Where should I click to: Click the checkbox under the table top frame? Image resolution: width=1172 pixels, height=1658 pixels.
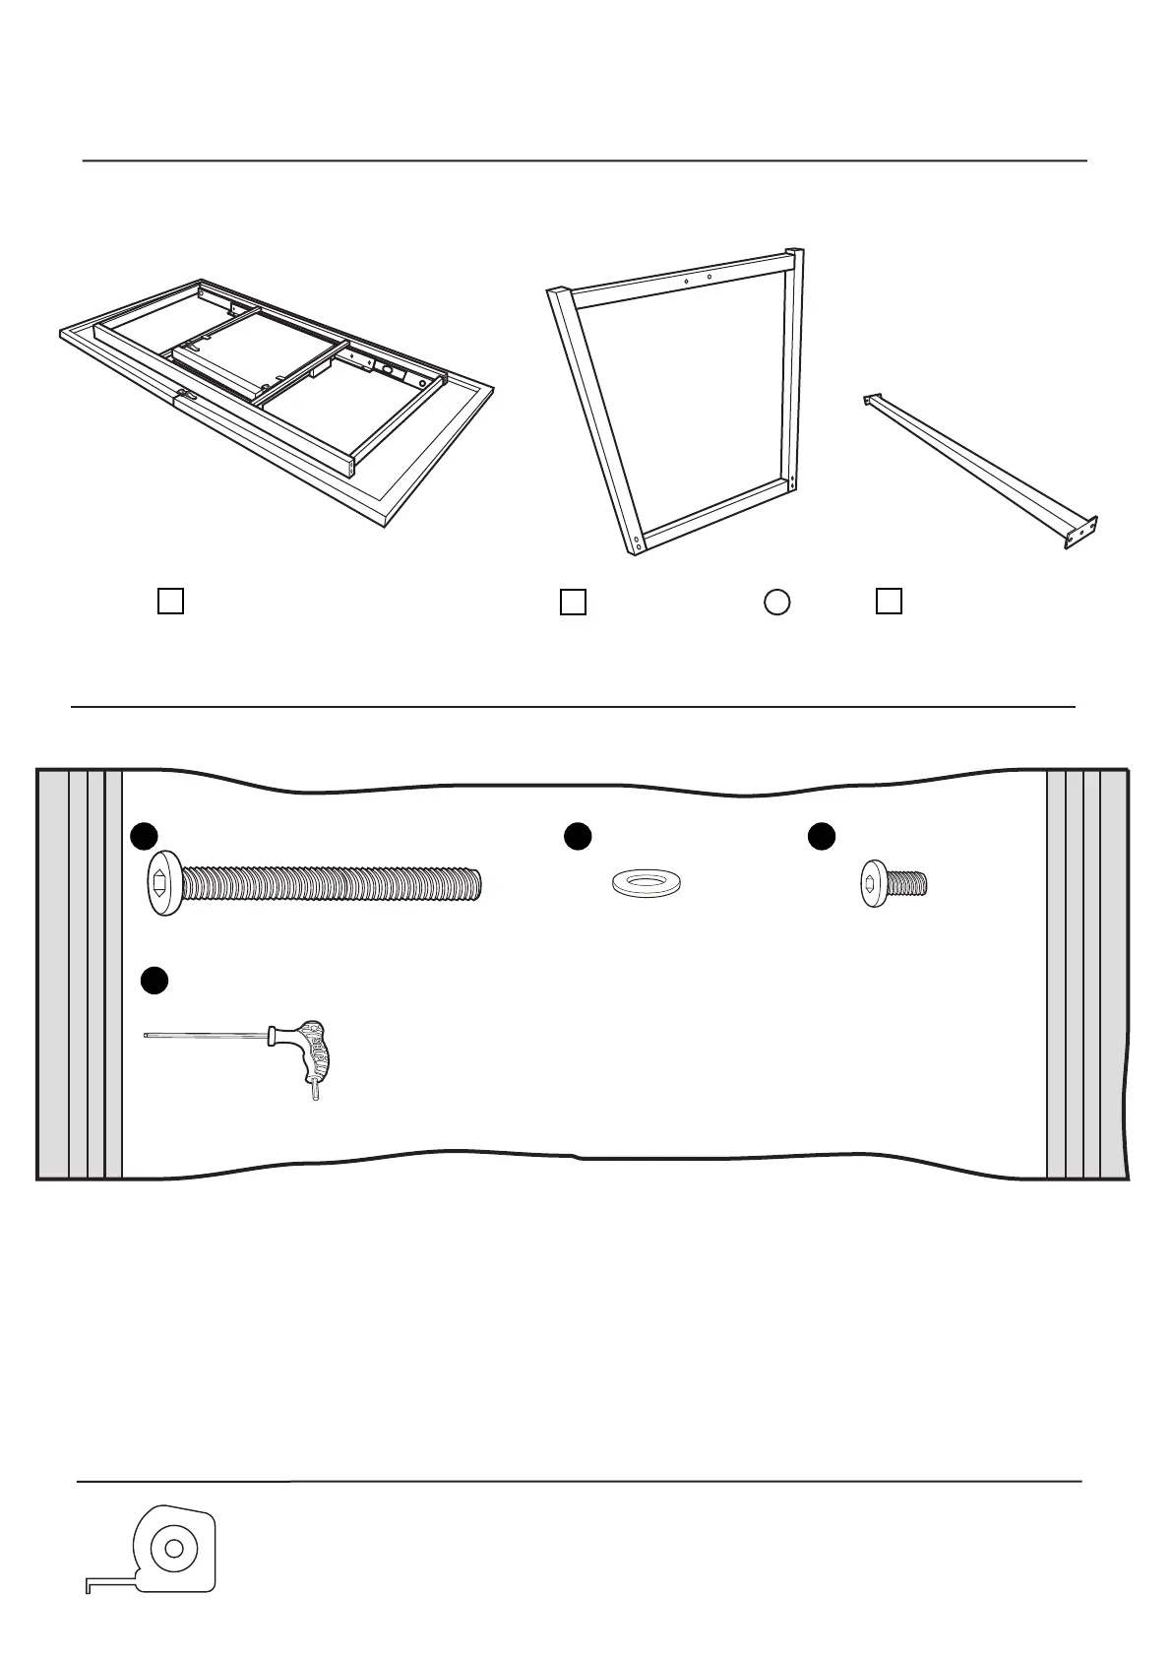point(170,601)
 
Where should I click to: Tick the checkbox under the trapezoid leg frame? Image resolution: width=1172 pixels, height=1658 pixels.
point(573,602)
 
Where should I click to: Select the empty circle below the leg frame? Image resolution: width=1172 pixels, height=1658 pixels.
point(777,602)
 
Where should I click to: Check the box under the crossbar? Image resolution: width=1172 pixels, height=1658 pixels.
point(889,601)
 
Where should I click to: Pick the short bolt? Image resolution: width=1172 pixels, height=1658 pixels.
point(894,883)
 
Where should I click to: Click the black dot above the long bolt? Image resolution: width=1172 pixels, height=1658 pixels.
point(145,835)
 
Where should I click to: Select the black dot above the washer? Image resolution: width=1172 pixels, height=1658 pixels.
point(578,835)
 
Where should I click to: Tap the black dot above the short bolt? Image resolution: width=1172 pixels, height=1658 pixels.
point(822,836)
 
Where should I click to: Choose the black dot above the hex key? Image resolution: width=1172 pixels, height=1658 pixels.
point(154,981)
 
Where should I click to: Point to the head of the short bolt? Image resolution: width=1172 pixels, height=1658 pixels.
point(873,883)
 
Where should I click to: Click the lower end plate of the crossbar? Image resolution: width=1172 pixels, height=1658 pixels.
point(1081,533)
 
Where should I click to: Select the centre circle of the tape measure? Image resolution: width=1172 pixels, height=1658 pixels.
point(174,1548)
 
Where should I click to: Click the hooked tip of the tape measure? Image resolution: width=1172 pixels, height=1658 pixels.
point(90,1586)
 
